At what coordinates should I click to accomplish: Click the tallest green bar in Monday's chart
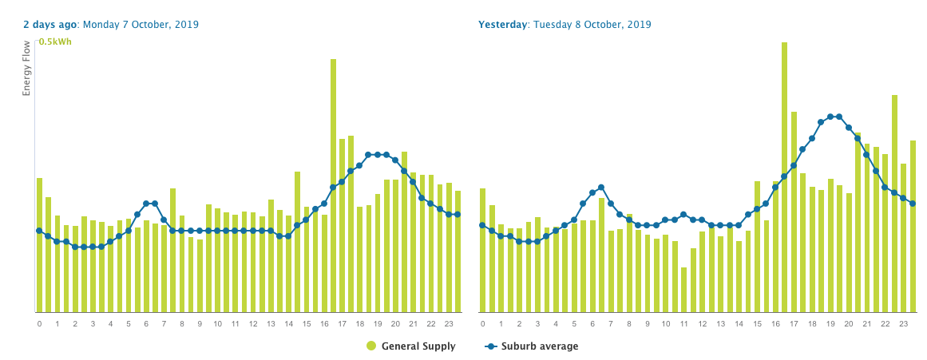333,185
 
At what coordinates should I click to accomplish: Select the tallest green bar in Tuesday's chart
784,177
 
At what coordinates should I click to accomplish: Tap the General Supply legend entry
411,346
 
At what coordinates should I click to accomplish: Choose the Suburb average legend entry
532,346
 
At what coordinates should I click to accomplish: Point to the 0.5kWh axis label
55,42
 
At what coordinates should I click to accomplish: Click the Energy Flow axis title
26,69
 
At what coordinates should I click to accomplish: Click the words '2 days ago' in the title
49,25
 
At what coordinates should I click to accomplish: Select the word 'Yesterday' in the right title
502,25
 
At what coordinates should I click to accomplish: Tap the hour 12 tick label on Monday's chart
253,324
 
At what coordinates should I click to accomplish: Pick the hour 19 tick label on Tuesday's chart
830,324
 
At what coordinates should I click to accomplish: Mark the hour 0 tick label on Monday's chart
39,324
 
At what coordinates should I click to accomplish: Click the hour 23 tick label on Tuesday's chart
903,324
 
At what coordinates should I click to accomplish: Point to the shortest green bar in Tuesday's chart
684,290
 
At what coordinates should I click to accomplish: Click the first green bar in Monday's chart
39,245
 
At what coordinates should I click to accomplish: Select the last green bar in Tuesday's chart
913,227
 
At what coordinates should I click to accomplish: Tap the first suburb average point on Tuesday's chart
482,225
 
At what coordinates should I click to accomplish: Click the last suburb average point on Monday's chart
458,214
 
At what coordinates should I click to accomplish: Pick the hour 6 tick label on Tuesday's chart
592,324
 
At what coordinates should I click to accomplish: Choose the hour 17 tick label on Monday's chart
342,324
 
